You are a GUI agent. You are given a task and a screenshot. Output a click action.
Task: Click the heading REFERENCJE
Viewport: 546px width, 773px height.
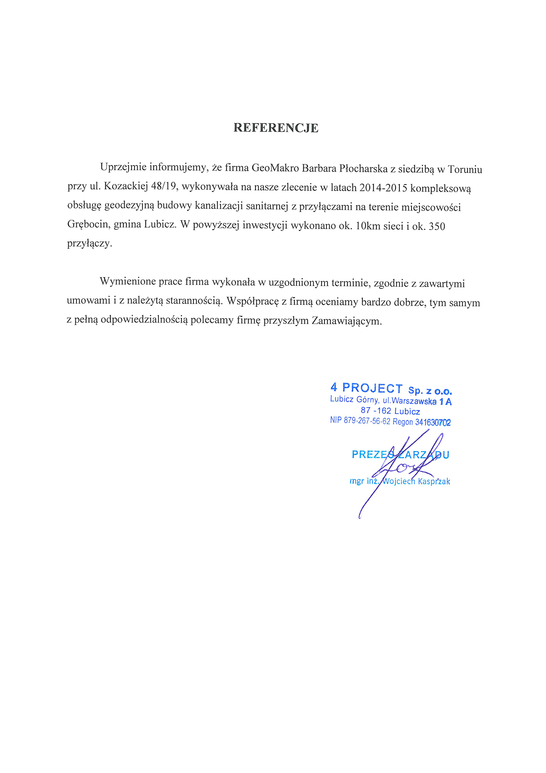(x=276, y=128)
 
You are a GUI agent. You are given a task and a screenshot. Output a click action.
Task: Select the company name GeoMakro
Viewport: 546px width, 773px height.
(x=275, y=168)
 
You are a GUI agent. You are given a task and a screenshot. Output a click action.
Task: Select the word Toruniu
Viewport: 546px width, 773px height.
(x=465, y=169)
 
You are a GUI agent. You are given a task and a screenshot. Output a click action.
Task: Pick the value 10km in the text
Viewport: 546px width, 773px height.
(x=368, y=226)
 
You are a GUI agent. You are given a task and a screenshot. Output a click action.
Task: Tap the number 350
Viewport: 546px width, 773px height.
(x=437, y=226)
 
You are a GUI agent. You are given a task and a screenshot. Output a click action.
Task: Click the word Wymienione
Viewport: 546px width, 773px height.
(x=128, y=281)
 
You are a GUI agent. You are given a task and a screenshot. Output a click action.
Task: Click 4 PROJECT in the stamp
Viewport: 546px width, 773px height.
(x=366, y=388)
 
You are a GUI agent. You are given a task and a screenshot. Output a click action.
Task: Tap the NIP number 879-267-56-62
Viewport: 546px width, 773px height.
(x=367, y=421)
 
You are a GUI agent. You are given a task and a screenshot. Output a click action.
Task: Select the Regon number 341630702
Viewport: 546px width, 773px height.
(x=433, y=422)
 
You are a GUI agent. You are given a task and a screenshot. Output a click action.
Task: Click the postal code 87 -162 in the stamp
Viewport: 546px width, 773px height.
(x=376, y=410)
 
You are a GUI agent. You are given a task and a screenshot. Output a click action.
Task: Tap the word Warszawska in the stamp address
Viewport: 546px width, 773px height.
(x=414, y=401)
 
